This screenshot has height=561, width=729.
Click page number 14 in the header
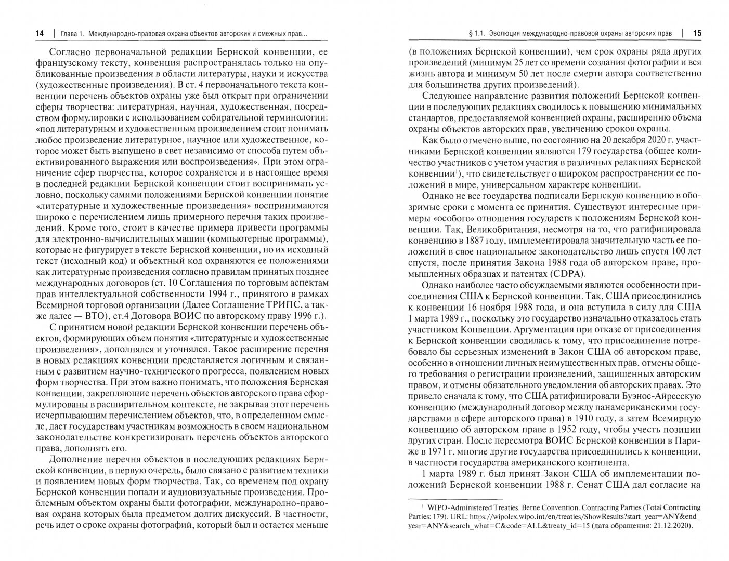pos(39,34)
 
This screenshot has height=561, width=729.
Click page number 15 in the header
pos(697,34)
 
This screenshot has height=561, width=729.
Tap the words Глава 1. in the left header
pos(72,34)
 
